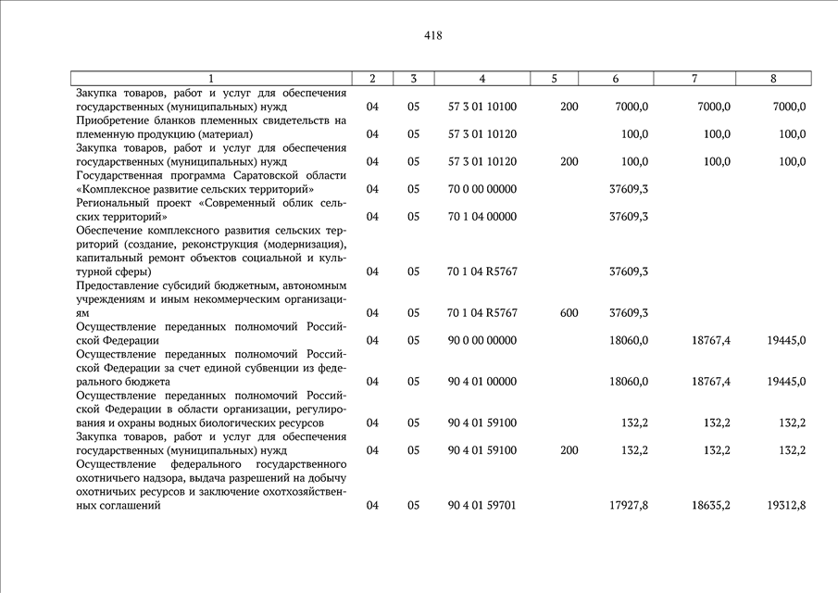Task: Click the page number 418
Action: (432, 36)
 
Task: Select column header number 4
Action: (482, 79)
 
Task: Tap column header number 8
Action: (773, 79)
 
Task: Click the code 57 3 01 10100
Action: (482, 107)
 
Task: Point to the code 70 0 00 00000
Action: (482, 189)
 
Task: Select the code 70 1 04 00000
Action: (482, 217)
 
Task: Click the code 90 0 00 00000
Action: (482, 340)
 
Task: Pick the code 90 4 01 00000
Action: (482, 381)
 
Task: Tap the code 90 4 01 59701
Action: (482, 505)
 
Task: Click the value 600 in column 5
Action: (569, 313)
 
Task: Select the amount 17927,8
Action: (630, 505)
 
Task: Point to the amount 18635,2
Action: (710, 505)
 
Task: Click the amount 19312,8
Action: (786, 505)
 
